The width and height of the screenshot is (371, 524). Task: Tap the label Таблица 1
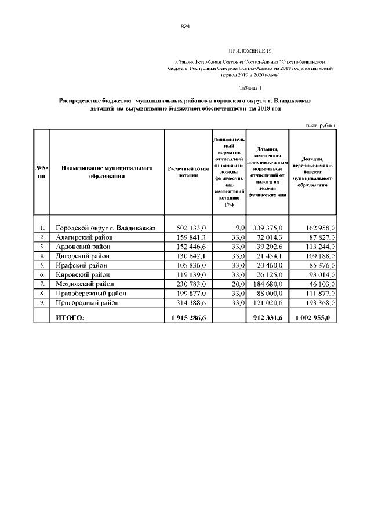(250, 88)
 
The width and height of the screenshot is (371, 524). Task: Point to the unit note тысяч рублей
(320, 126)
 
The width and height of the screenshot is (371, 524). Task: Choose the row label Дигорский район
(82, 255)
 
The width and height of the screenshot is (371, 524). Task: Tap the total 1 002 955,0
(313, 317)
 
